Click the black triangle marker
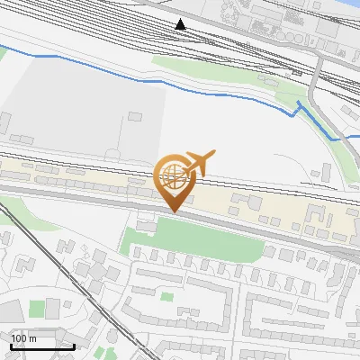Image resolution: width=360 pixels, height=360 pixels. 181,24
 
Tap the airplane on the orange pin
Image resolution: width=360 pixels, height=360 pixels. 199,163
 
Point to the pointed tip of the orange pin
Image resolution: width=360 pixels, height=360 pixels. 174,211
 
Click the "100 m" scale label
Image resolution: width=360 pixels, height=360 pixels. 23,338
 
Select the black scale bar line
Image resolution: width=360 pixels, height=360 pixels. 41,346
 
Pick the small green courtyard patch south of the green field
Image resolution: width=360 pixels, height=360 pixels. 166,295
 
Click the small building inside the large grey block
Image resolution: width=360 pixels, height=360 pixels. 135,116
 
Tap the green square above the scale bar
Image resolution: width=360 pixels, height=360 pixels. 36,310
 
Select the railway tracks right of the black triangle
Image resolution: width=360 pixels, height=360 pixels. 252,40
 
